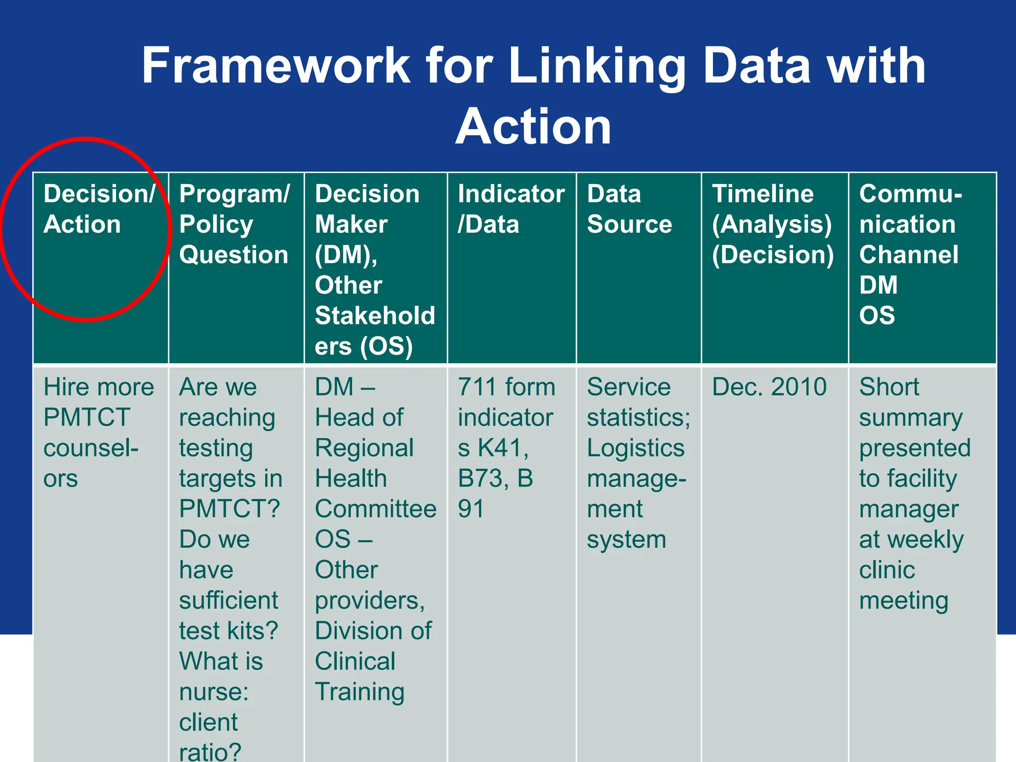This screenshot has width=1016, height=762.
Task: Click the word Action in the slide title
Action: (533, 127)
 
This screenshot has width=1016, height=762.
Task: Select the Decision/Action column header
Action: (99, 209)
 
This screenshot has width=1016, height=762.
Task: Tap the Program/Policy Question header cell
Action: (234, 224)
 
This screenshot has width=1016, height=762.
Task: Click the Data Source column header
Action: (629, 209)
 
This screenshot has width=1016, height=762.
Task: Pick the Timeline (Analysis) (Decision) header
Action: (772, 224)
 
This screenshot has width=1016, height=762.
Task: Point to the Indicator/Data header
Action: (510, 209)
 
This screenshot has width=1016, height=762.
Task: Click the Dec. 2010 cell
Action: (769, 387)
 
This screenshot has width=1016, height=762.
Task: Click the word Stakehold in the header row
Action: (375, 316)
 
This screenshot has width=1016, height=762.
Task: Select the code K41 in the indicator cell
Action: (501, 448)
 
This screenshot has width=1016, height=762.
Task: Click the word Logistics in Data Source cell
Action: (635, 448)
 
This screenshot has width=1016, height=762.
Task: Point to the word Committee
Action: (376, 509)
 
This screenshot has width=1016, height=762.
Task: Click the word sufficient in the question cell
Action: (229, 601)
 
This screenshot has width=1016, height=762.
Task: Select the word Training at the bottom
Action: (360, 692)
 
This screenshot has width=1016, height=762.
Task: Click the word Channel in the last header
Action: (908, 255)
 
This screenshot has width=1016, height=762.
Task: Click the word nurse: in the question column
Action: (214, 692)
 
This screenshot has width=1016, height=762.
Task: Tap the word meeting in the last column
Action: (903, 601)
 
